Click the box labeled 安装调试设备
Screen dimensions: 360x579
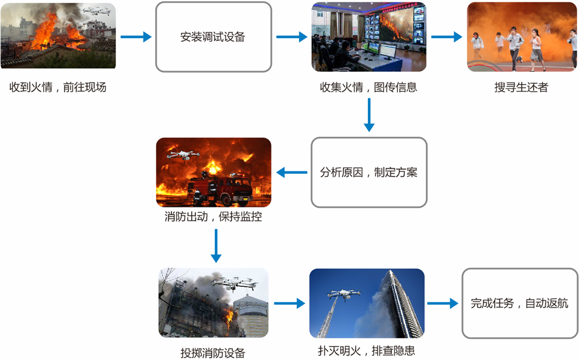213,37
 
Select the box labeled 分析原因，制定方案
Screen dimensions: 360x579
369,172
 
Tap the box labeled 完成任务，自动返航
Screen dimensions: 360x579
519,303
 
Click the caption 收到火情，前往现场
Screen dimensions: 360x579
58,87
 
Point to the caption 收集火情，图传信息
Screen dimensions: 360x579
368,87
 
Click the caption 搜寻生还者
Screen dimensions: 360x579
521,87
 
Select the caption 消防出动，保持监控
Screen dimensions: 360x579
213,217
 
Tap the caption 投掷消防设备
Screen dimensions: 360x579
213,353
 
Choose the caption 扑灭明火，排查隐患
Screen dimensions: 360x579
367,350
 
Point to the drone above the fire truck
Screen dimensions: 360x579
183,154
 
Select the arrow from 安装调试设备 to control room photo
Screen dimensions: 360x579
292,37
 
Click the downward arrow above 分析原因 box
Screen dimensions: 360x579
369,115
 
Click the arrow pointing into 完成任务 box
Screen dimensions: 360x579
443,304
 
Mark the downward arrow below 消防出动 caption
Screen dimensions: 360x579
214,245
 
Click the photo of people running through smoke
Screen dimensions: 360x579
521,37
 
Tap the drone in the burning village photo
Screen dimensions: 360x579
96,11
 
